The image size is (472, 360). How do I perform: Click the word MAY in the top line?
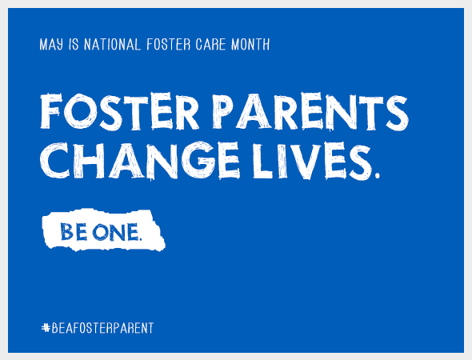[50, 45]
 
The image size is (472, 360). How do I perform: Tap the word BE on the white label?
[73, 232]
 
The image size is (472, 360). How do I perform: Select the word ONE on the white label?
[114, 232]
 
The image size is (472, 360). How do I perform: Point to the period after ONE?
[140, 238]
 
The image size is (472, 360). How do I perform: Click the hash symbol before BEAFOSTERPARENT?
[45, 328]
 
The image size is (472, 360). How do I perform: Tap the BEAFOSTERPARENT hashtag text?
[102, 328]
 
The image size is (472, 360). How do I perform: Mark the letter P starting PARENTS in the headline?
[213, 114]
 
